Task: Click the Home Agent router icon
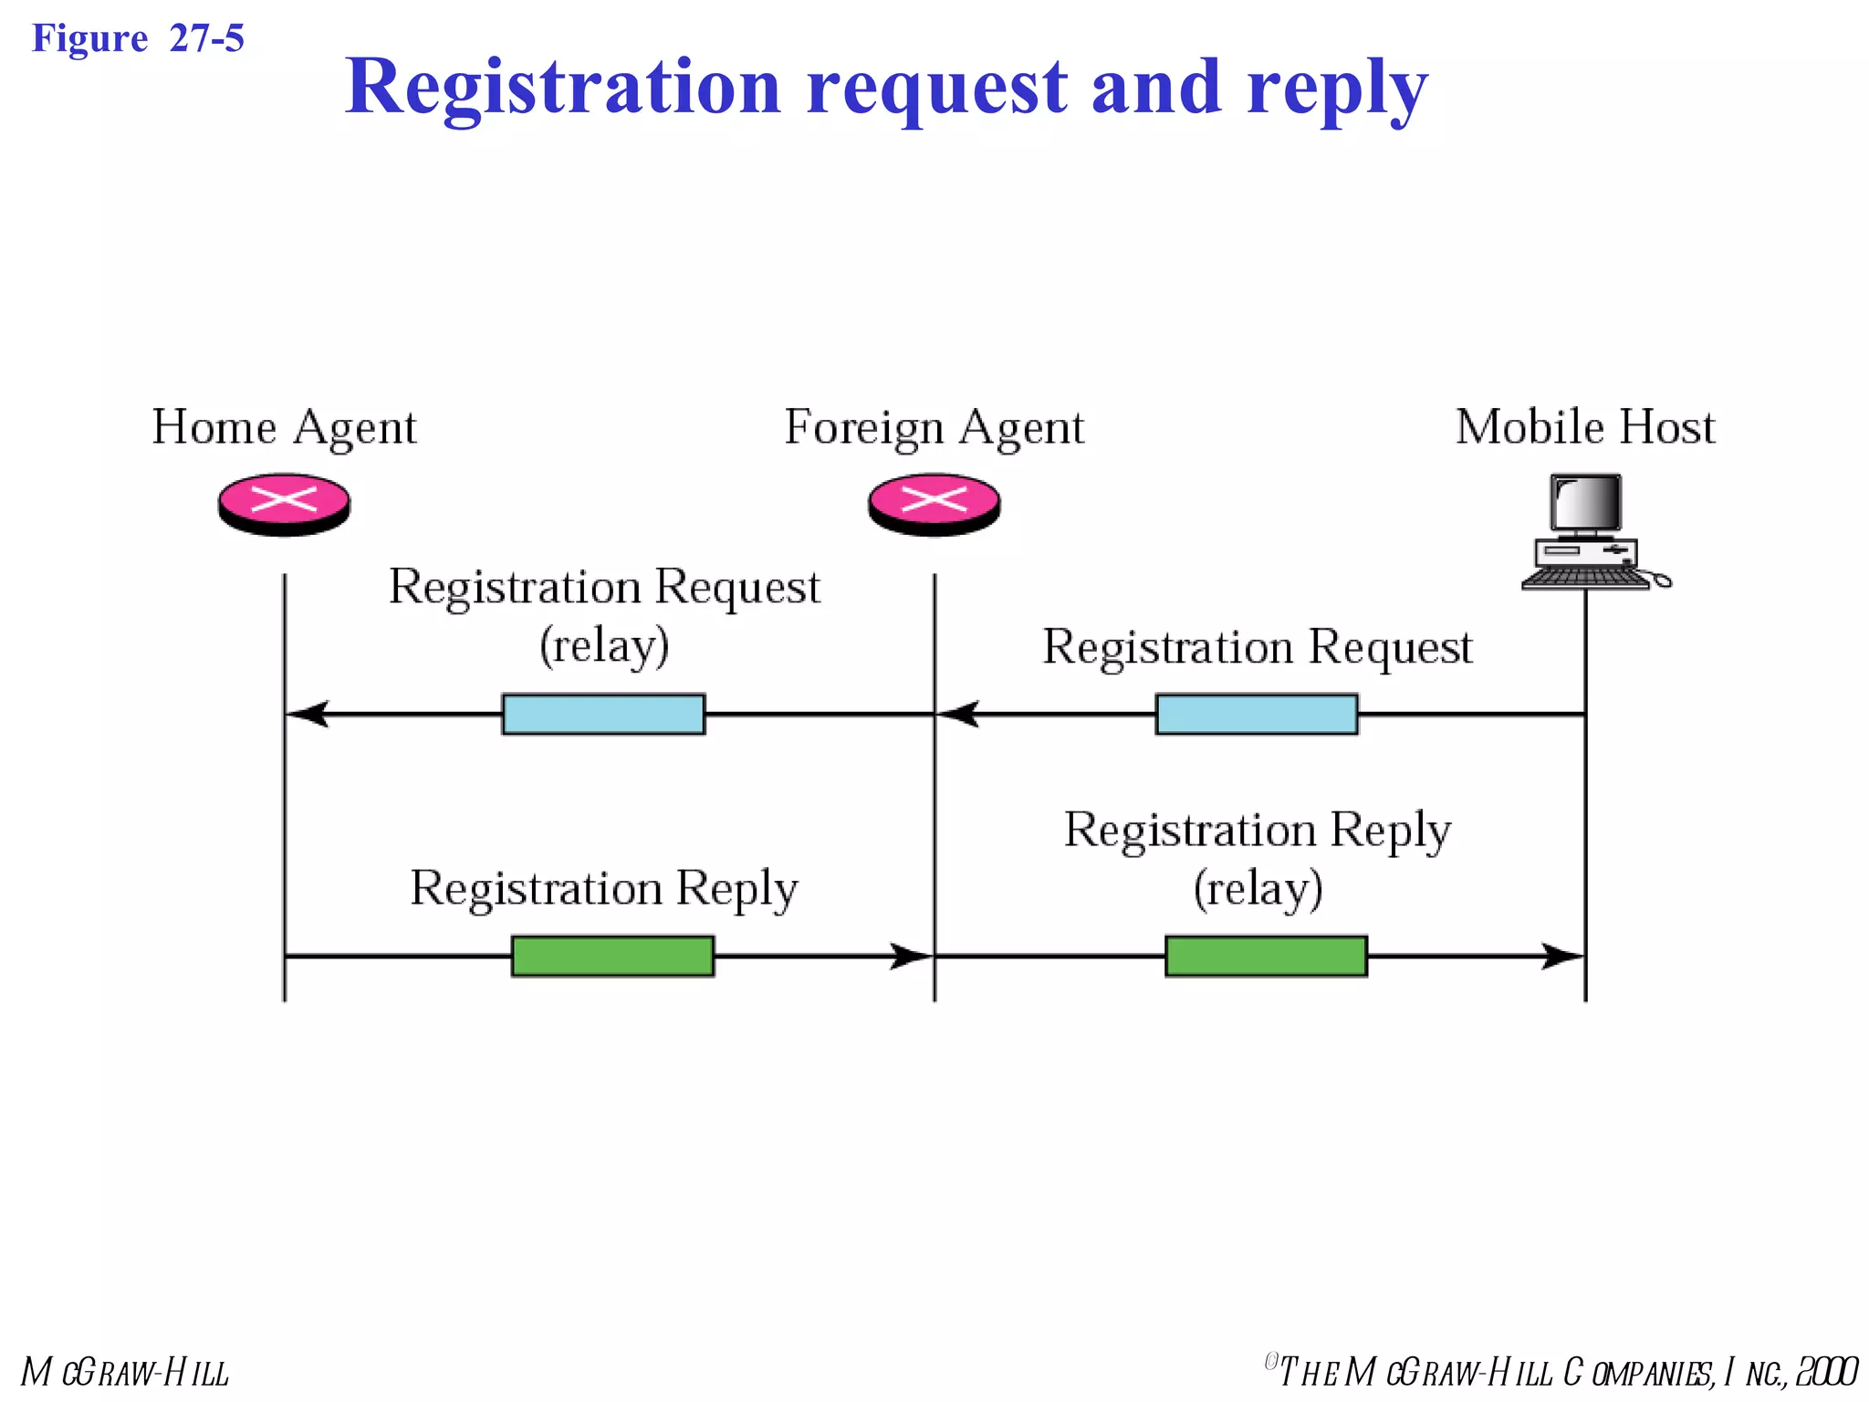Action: pos(284,504)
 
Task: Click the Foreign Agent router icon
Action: pos(934,504)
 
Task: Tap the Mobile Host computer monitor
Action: pos(1587,504)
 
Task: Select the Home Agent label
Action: pos(284,427)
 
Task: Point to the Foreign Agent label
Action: pos(934,427)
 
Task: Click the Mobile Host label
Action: pos(1585,427)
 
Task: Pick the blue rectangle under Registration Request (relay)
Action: pos(603,714)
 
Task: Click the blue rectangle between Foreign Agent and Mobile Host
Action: pos(1257,714)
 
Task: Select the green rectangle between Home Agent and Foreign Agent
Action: pos(612,956)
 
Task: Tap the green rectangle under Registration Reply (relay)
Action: pos(1266,956)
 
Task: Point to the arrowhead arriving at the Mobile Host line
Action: pos(1561,956)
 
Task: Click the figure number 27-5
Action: pos(207,38)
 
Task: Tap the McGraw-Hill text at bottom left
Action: pos(125,1372)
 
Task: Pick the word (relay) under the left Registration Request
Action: pos(604,645)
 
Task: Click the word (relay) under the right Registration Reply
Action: pos(1258,888)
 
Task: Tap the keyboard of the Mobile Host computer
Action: pos(1585,578)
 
